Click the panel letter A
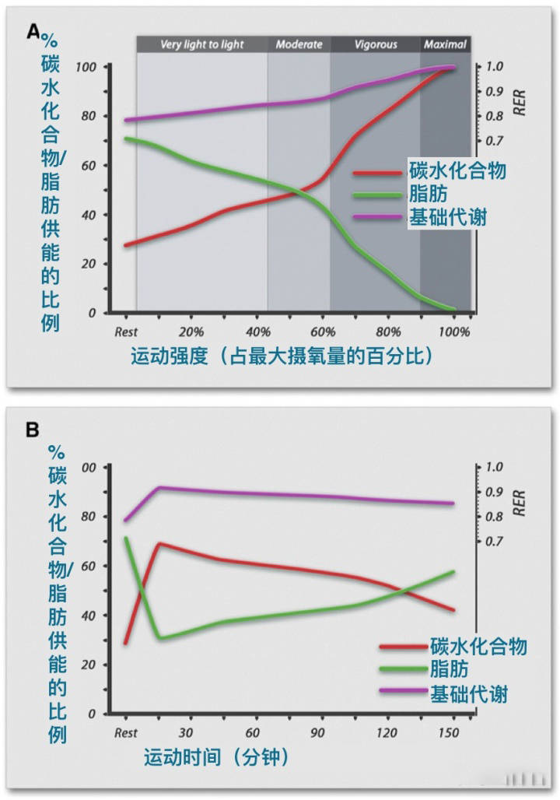click(x=33, y=31)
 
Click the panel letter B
click(x=33, y=429)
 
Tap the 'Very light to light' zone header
click(x=201, y=44)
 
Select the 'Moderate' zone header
click(x=299, y=44)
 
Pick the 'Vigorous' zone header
click(x=375, y=44)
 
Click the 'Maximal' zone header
click(x=445, y=44)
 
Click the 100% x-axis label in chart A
click(x=454, y=331)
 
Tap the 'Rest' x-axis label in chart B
click(x=126, y=732)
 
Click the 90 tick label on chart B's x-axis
click(x=317, y=732)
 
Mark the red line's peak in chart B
click(x=159, y=543)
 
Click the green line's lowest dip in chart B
click(x=160, y=638)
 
